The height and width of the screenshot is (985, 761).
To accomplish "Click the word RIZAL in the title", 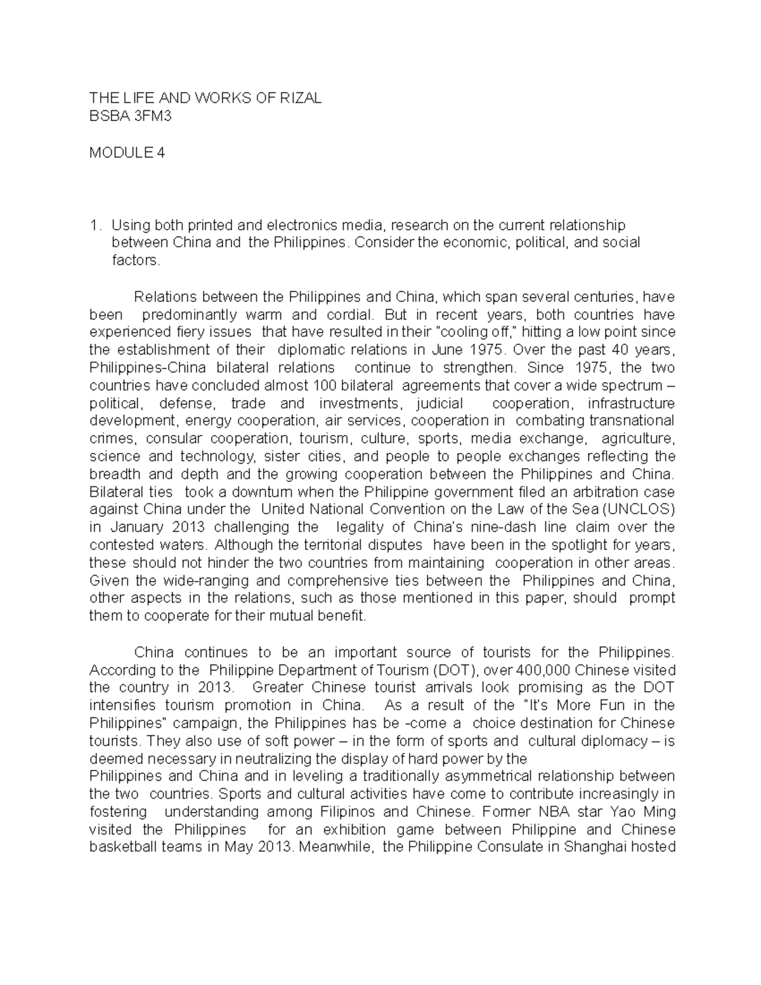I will [x=299, y=98].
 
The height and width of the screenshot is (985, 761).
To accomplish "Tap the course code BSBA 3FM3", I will [x=130, y=116].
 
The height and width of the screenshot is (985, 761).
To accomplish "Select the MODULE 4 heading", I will [x=127, y=153].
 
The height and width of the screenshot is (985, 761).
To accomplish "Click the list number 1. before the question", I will [x=95, y=225].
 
